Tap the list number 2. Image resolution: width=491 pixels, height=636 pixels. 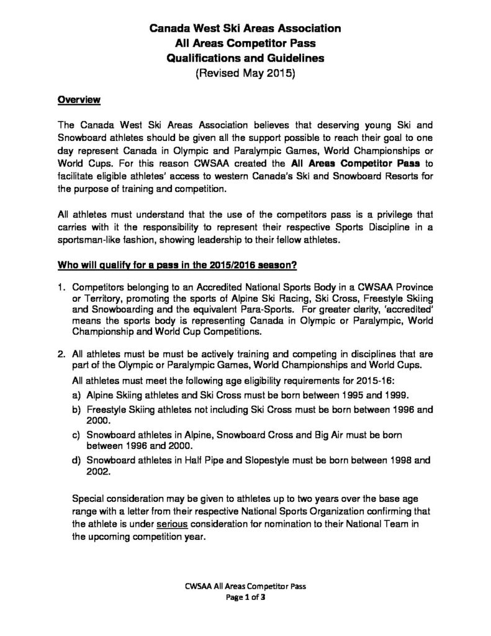click(x=61, y=354)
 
